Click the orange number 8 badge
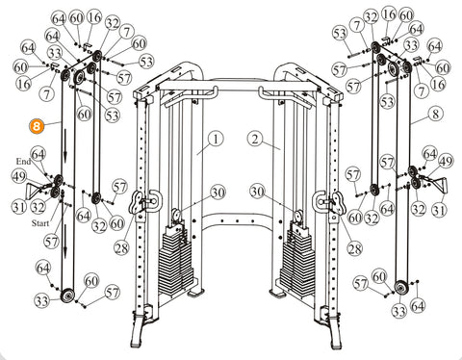click(x=37, y=126)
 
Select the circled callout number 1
click(x=216, y=139)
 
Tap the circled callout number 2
click(x=255, y=139)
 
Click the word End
click(x=23, y=161)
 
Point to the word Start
click(x=40, y=223)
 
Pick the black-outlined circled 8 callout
click(x=435, y=114)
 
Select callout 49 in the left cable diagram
click(x=19, y=177)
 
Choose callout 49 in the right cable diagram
click(x=446, y=162)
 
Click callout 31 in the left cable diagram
click(x=19, y=207)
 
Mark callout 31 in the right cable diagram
click(x=439, y=210)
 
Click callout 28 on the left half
click(x=121, y=247)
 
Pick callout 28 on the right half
click(x=354, y=248)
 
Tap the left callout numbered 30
click(x=218, y=193)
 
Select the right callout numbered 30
click(x=258, y=192)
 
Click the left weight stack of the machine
click(x=176, y=257)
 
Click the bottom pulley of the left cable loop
click(x=67, y=295)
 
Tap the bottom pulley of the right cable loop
click(x=400, y=288)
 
